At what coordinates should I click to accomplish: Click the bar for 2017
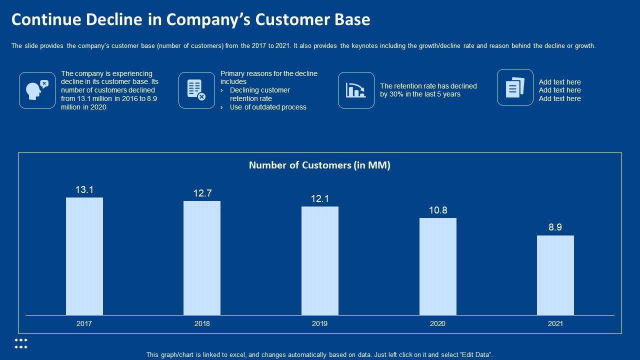84,256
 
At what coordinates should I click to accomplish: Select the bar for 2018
202,258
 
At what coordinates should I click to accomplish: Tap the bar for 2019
320,260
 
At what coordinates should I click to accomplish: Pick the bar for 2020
437,266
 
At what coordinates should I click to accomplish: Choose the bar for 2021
555,275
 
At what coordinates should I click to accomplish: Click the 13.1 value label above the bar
84,190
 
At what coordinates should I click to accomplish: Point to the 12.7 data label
202,193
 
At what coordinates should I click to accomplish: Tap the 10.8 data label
438,210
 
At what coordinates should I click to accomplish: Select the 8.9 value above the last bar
555,227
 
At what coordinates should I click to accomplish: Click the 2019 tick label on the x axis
320,323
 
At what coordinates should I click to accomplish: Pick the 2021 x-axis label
555,323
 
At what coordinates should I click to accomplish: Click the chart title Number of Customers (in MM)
319,165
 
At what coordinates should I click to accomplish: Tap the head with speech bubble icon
37,90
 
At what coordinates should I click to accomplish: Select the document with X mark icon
196,90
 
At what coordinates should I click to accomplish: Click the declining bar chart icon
356,90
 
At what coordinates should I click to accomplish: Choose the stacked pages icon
515,87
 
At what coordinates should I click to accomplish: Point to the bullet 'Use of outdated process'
268,107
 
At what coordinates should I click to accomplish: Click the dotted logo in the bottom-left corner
21,343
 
